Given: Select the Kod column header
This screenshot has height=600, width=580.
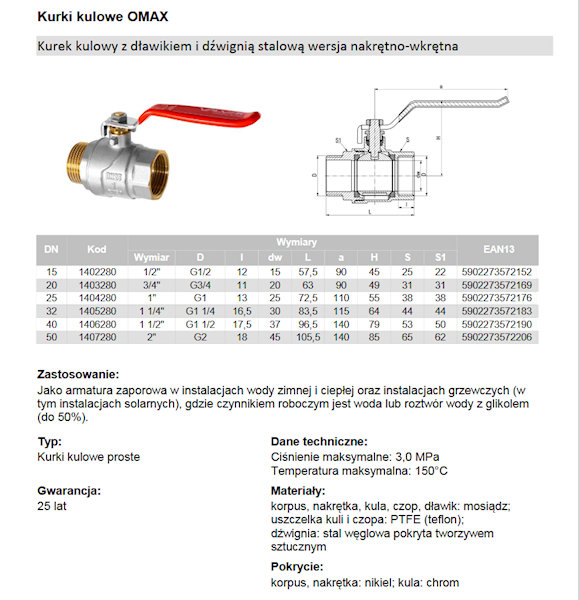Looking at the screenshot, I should [x=96, y=249].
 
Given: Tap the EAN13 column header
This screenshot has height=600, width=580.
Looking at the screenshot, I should [x=497, y=249].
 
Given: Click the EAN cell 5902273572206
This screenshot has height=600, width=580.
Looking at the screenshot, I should [x=497, y=337].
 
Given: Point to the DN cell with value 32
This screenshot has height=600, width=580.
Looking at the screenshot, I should [x=50, y=311].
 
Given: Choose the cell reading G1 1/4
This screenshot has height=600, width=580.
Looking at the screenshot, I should [x=200, y=311].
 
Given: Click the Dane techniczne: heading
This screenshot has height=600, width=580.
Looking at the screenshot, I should [x=319, y=441].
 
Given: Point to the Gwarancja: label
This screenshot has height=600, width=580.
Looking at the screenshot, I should [x=69, y=491].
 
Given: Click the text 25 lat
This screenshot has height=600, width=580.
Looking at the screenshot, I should [x=51, y=507].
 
